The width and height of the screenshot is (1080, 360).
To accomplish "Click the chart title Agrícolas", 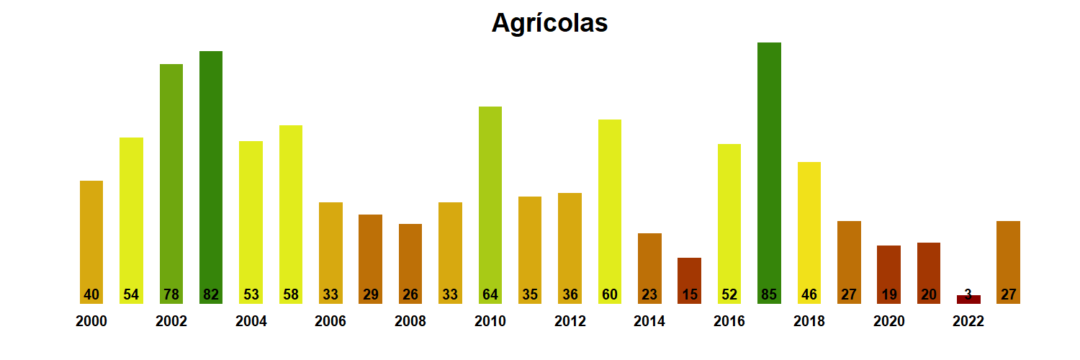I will [x=549, y=23].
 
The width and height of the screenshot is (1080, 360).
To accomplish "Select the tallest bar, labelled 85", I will [x=769, y=173].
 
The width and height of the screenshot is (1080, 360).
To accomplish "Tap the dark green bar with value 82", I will [x=211, y=177].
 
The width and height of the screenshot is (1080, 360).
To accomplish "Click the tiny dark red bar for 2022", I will [x=968, y=300].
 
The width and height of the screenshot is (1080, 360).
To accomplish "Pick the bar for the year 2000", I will [x=91, y=242].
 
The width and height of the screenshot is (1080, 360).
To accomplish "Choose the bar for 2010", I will [x=490, y=205].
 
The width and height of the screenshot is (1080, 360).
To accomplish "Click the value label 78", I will [x=171, y=294].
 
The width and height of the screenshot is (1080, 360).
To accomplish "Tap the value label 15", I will [x=689, y=294].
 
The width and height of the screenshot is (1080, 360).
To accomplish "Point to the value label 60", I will [x=610, y=294].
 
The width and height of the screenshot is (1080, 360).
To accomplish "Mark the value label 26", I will [x=410, y=294].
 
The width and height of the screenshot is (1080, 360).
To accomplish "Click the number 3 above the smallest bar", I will [x=968, y=293].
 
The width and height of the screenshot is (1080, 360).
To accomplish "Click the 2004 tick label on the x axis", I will [x=251, y=322].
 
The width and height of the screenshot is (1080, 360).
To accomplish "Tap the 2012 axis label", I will [x=570, y=322].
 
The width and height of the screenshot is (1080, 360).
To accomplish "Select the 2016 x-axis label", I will [x=729, y=322].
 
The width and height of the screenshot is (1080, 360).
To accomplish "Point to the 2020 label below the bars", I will [x=888, y=322].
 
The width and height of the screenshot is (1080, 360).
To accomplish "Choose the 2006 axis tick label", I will [x=330, y=322].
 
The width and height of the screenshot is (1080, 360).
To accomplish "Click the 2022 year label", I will [x=968, y=322].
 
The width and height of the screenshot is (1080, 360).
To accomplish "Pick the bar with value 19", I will [x=888, y=274].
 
